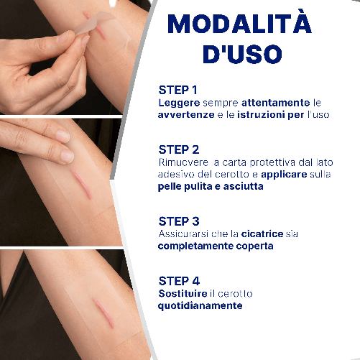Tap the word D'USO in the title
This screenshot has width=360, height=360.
[242, 54]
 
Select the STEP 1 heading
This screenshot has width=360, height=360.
[177, 90]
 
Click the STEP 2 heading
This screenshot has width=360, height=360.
[179, 149]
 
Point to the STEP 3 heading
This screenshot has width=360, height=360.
[179, 221]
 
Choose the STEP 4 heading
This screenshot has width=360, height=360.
[179, 281]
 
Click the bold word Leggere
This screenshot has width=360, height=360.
[179, 103]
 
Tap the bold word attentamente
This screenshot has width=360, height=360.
[276, 103]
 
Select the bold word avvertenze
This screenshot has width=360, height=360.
[186, 115]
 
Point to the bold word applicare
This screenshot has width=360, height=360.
[284, 175]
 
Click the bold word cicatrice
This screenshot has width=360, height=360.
[262, 234]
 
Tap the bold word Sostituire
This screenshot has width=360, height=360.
[183, 293]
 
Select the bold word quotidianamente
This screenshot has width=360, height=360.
[200, 306]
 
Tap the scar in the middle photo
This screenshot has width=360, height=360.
[81, 184]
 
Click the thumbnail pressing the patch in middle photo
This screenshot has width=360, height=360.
[67, 156]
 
